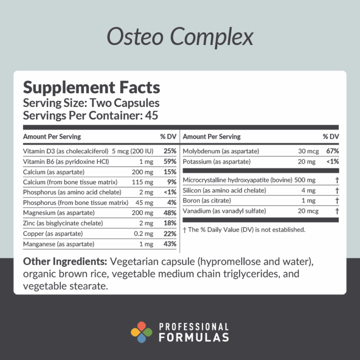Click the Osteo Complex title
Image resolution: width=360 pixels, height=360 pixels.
(x=180, y=37)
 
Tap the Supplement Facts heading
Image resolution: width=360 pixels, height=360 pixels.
(x=91, y=88)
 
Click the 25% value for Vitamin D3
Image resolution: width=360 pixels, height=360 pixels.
(x=170, y=151)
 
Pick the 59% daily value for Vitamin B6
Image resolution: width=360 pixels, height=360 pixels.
(x=170, y=162)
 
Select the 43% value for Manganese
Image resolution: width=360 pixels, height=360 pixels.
(x=170, y=244)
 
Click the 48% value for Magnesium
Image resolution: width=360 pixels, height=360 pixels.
(x=170, y=213)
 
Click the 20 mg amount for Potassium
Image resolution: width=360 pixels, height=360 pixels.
(x=306, y=162)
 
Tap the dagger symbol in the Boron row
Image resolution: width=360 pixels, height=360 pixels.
(x=337, y=201)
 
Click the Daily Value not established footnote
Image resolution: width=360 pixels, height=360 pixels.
(x=244, y=230)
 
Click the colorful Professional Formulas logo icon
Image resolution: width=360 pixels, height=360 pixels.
(x=141, y=332)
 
